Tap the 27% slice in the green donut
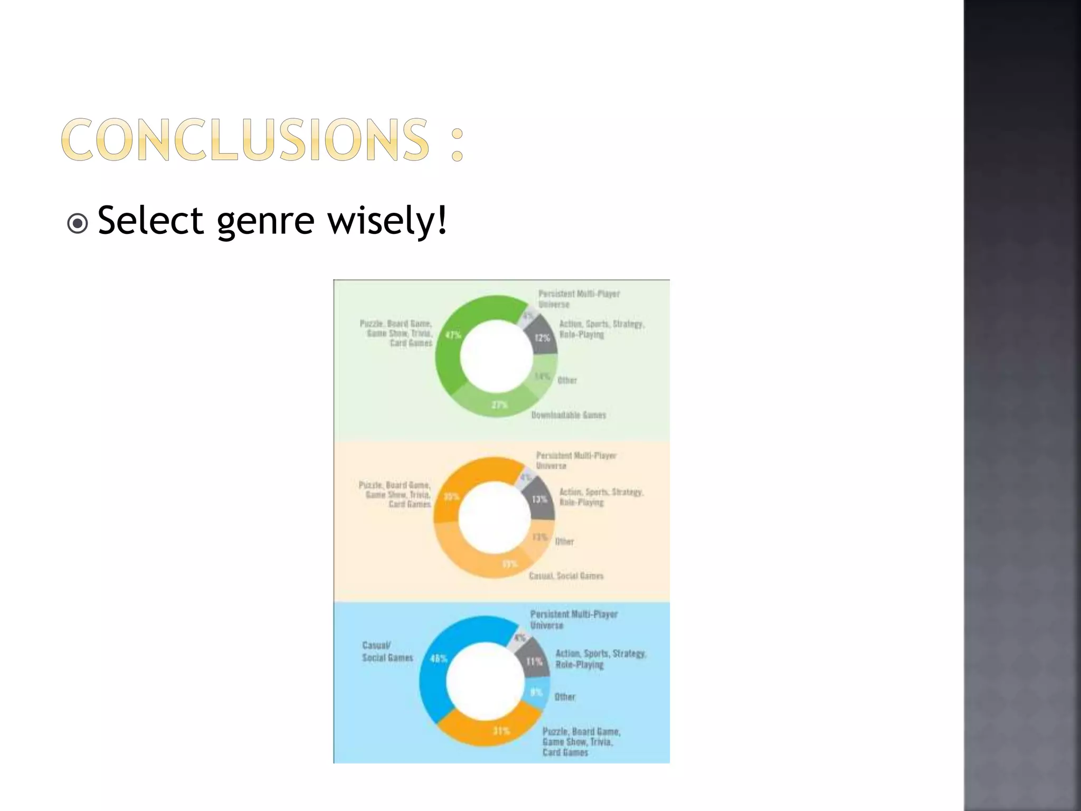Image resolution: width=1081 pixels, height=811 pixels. click(x=499, y=404)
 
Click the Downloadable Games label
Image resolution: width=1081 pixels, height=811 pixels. click(x=568, y=415)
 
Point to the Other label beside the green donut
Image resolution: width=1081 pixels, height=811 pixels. click(x=567, y=380)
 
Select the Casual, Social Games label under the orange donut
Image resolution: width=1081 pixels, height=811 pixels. click(x=566, y=576)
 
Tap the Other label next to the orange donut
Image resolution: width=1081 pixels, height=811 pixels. click(x=564, y=542)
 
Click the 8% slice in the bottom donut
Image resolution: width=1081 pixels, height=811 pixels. click(x=536, y=692)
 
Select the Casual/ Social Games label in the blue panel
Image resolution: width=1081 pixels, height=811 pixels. click(x=387, y=652)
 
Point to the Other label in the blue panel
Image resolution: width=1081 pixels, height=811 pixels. click(x=565, y=697)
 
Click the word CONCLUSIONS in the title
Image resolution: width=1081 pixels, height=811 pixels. click(x=245, y=139)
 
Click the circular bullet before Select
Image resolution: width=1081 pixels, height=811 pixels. click(x=78, y=223)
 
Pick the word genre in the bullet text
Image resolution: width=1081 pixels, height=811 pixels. click(x=265, y=222)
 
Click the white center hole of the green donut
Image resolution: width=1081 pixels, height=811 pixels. click(x=496, y=357)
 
